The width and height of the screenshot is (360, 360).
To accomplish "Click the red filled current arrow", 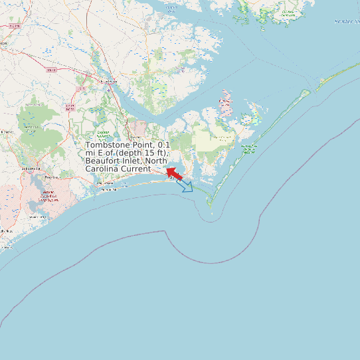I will tap(174, 173).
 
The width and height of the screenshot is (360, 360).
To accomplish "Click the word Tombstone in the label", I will tap(110, 145).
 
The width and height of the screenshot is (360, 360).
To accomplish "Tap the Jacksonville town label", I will tap(31, 168).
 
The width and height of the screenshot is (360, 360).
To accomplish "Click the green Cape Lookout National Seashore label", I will tap(248, 148).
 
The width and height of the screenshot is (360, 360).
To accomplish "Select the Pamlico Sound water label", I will tap(346, 21).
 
